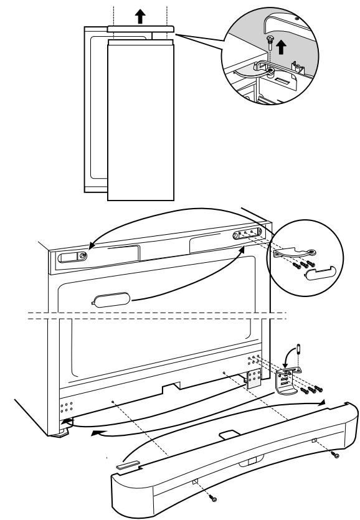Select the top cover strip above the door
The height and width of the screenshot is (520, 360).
[x=140, y=29]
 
